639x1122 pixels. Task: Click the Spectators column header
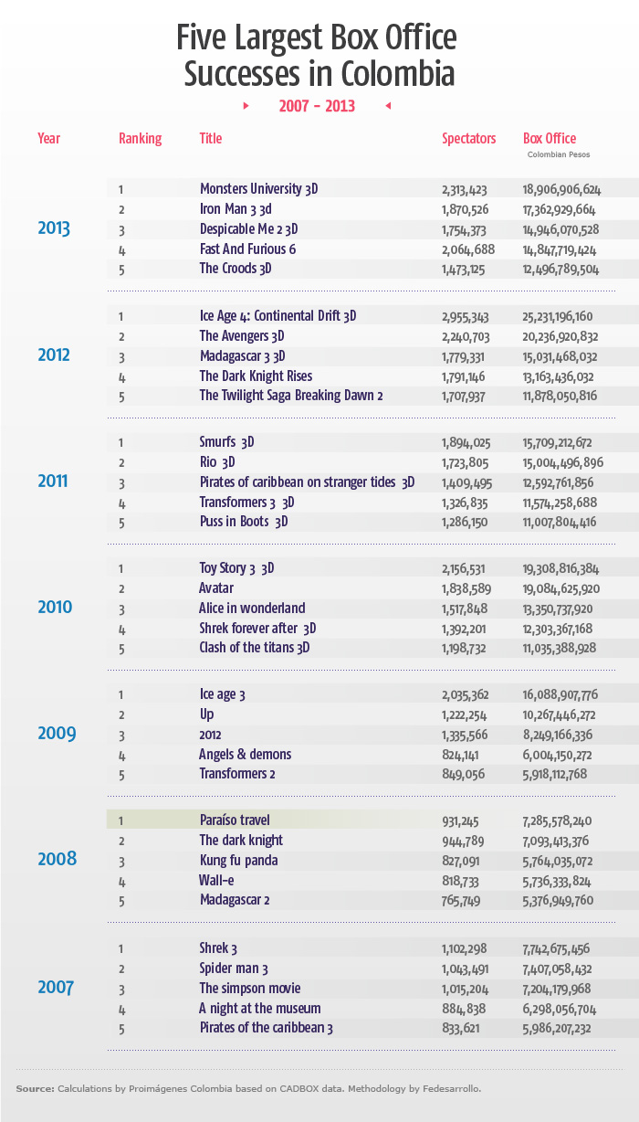(468, 139)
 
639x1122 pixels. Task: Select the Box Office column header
(550, 139)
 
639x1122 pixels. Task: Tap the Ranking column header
(140, 139)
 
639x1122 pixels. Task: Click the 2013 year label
(54, 228)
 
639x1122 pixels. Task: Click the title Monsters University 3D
(259, 189)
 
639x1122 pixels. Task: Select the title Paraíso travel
(235, 820)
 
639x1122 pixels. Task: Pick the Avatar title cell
(216, 588)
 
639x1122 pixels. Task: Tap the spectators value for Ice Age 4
(466, 316)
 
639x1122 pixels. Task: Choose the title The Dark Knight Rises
(256, 376)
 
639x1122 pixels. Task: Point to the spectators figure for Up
(465, 714)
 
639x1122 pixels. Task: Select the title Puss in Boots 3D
(244, 523)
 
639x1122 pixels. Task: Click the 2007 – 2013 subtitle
(317, 106)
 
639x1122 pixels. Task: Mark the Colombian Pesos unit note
(559, 155)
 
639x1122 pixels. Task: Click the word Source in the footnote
(34, 1088)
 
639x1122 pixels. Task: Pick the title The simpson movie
(249, 989)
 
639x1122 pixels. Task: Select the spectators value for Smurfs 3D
(465, 442)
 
